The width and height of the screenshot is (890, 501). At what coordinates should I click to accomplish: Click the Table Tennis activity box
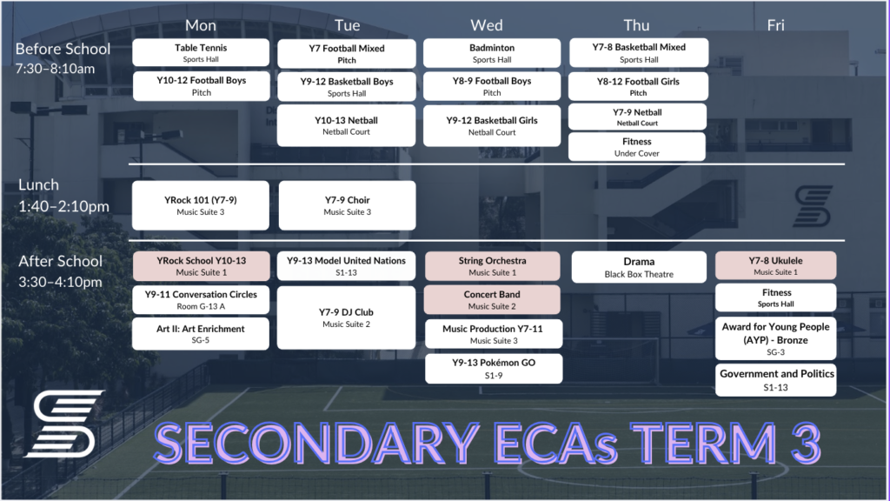coord(201,52)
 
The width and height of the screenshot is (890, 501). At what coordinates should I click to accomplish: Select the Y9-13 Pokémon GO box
coord(493,368)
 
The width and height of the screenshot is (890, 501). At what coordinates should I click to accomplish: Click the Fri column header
coord(775,25)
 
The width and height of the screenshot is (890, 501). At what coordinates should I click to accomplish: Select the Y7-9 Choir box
coord(347,205)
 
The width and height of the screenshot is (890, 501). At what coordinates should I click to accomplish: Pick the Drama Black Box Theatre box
coord(639,267)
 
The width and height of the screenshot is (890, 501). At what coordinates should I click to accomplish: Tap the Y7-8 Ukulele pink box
coord(775,265)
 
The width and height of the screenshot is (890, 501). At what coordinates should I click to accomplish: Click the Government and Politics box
coord(775,380)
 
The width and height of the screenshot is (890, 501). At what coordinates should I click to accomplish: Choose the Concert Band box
coord(492,300)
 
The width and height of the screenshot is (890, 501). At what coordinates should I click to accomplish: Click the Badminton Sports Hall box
coord(492,53)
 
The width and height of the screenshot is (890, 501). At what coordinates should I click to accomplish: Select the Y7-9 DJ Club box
coord(347,317)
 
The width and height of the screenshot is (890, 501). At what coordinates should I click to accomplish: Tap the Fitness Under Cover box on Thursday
coord(637,146)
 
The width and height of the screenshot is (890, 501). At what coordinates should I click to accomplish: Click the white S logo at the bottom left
coord(63,424)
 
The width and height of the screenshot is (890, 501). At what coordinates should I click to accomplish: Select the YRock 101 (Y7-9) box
coord(201,205)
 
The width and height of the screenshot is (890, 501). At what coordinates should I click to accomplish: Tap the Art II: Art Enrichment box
coord(201,334)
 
